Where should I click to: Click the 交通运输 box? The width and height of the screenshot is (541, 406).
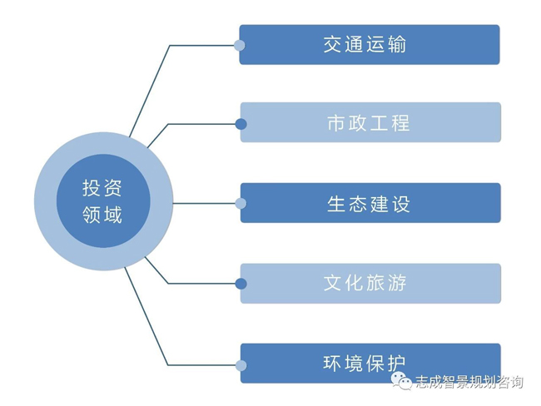tap(369, 45)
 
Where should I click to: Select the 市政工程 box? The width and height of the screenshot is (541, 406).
tap(370, 123)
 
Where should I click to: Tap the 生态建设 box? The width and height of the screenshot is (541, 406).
tap(370, 203)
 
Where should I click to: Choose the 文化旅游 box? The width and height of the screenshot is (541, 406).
tap(370, 283)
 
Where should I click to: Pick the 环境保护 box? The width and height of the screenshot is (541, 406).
tap(370, 363)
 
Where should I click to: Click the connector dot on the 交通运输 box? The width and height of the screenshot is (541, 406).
tap(240, 45)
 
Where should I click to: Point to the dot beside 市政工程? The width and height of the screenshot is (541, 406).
tap(241, 124)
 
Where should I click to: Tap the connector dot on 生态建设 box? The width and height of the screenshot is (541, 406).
tap(241, 203)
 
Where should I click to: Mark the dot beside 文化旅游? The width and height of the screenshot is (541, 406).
tap(241, 283)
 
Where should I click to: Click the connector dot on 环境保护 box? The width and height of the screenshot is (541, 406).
tap(241, 364)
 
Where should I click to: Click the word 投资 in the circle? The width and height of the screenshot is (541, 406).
tap(102, 187)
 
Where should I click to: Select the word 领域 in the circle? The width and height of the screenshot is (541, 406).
tap(102, 215)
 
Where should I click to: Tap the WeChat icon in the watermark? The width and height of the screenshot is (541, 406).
tap(402, 382)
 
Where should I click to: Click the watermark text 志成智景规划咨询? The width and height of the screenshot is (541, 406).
tap(469, 383)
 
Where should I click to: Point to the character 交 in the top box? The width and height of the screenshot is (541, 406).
tap(334, 45)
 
